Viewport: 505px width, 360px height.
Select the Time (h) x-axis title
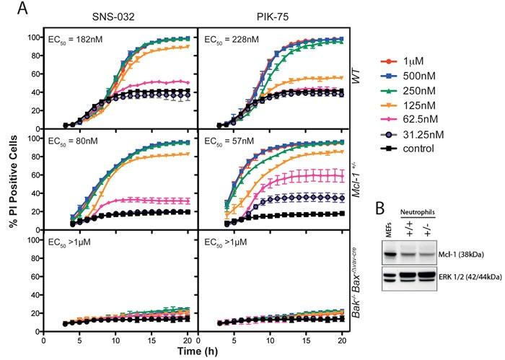pos(196,351)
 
